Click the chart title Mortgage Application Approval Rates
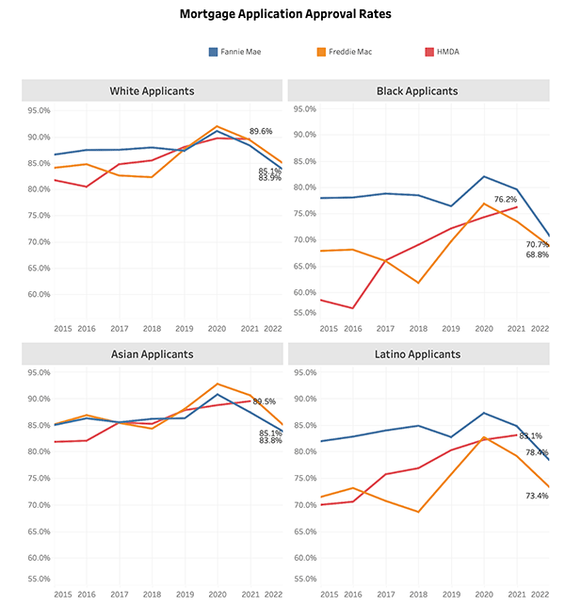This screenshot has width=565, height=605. [x=282, y=15]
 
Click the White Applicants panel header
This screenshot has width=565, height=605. [x=153, y=90]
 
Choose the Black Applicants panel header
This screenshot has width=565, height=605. [x=417, y=90]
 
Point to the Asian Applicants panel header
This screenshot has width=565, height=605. [x=153, y=353]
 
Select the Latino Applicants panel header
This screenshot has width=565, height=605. [x=417, y=353]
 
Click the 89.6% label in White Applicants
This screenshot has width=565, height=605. [x=261, y=132]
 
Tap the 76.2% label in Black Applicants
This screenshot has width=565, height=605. [x=506, y=200]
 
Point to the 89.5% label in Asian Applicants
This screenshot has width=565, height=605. [x=263, y=401]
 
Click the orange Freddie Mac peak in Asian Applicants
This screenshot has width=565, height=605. [x=218, y=384]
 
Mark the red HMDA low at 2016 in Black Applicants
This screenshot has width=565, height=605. [x=351, y=308]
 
